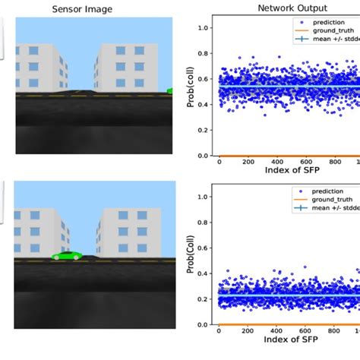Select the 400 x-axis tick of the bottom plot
(x=277, y=330)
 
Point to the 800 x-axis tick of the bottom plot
(x=335, y=330)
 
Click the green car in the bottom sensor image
(x=66, y=256)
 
